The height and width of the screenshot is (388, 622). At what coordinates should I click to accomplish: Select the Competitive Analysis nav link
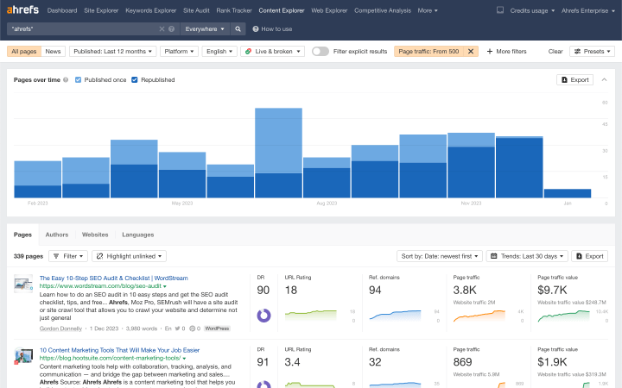(383, 10)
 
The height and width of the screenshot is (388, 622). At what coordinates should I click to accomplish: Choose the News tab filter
(54, 52)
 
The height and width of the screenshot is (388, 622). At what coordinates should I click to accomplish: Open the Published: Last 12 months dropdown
(111, 52)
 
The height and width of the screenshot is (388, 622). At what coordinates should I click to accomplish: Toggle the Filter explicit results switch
(321, 52)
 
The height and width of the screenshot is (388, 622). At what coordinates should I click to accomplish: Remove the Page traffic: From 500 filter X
(471, 52)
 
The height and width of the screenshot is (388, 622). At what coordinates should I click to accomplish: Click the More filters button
(506, 52)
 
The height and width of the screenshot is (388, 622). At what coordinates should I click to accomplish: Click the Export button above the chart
(575, 79)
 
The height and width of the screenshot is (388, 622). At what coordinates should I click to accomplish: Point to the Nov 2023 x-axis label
(471, 203)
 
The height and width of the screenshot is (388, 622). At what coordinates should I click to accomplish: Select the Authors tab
(57, 235)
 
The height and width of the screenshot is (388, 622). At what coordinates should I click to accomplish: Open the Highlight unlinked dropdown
(130, 256)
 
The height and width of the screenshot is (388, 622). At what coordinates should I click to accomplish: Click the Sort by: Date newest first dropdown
(438, 256)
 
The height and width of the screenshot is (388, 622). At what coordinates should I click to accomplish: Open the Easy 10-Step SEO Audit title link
(113, 278)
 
